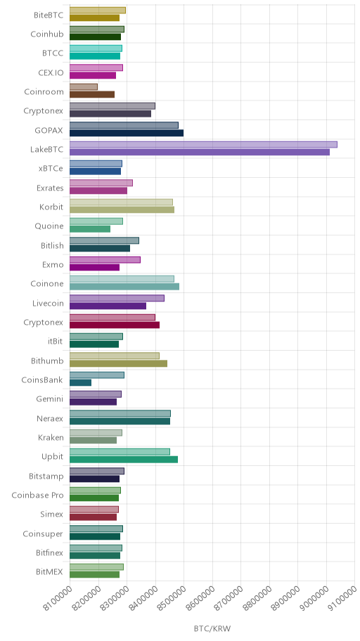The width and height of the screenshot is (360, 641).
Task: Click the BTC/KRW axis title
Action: click(x=212, y=628)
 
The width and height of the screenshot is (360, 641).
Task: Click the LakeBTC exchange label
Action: click(x=46, y=149)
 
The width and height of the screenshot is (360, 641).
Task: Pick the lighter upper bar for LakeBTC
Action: click(x=203, y=144)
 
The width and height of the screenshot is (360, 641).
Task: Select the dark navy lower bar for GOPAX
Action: click(x=127, y=133)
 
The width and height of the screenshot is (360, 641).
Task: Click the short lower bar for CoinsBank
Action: click(x=80, y=382)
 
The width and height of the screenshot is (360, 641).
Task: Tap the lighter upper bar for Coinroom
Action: click(x=84, y=86)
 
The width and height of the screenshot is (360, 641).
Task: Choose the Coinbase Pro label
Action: click(x=38, y=496)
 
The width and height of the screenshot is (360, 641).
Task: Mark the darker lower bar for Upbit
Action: click(x=124, y=460)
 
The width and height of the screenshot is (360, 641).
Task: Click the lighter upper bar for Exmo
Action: click(x=105, y=259)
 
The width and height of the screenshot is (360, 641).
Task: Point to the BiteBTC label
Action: click(x=49, y=15)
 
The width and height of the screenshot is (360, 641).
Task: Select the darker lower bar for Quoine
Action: click(x=90, y=229)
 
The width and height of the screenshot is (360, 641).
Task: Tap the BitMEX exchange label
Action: click(x=49, y=572)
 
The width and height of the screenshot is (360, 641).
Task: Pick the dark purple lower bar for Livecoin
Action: click(x=108, y=306)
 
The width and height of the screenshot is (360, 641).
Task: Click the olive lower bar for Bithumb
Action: click(x=118, y=363)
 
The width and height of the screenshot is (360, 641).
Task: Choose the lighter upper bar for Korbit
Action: click(x=121, y=202)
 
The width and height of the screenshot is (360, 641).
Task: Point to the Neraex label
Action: click(x=50, y=419)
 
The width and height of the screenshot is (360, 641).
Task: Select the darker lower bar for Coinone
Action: click(x=124, y=287)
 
